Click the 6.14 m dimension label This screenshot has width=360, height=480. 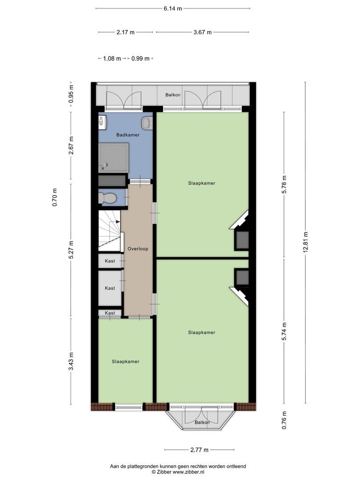[172, 8]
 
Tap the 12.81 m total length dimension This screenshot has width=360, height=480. [305, 243]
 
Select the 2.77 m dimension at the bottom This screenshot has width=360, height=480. [199, 450]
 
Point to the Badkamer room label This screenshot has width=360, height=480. [128, 135]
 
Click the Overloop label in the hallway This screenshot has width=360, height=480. [138, 249]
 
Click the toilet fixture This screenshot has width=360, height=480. [108, 198]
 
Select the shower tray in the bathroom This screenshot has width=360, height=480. [113, 157]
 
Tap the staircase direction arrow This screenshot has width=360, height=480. [117, 221]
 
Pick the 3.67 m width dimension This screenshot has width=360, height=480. [202, 32]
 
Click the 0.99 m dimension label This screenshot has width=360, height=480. [140, 59]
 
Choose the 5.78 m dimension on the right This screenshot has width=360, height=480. [284, 184]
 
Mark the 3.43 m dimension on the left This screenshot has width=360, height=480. [71, 361]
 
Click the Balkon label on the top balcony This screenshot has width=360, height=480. [173, 95]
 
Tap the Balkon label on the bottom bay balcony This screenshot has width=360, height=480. [202, 423]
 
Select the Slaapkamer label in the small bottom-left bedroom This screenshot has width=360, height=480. [125, 361]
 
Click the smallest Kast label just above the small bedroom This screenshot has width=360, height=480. [110, 313]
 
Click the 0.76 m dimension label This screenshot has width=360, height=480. [284, 420]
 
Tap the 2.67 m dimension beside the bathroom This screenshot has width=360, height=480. [71, 145]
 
